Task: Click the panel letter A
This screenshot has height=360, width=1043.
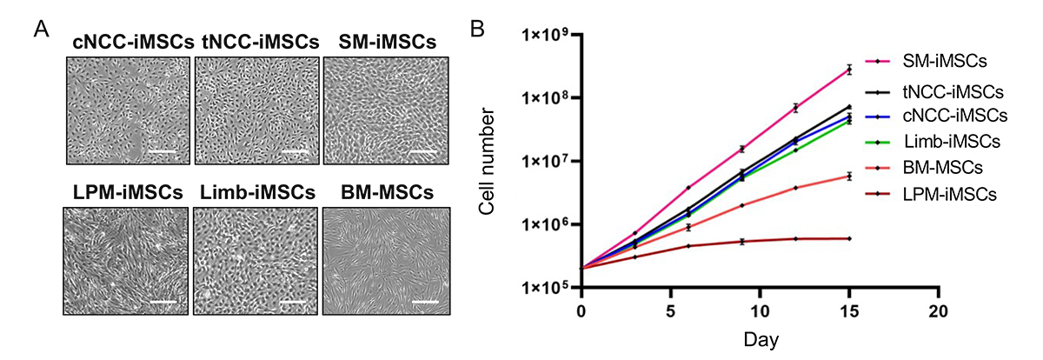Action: coord(40,30)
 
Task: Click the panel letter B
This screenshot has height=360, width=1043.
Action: coord(477,30)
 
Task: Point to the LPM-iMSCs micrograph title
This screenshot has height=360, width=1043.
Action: coord(127,191)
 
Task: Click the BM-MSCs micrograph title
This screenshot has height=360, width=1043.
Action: coord(386,191)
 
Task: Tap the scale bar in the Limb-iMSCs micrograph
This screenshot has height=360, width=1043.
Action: coord(292,303)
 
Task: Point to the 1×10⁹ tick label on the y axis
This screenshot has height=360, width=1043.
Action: coord(547,36)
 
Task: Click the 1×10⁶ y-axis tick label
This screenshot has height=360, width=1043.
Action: coord(547,225)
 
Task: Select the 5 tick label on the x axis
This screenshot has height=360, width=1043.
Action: coord(670,310)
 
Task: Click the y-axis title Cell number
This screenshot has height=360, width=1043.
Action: coord(492,162)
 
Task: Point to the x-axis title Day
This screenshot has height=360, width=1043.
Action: coord(759,337)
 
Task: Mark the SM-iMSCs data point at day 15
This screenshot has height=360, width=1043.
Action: coord(849,69)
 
